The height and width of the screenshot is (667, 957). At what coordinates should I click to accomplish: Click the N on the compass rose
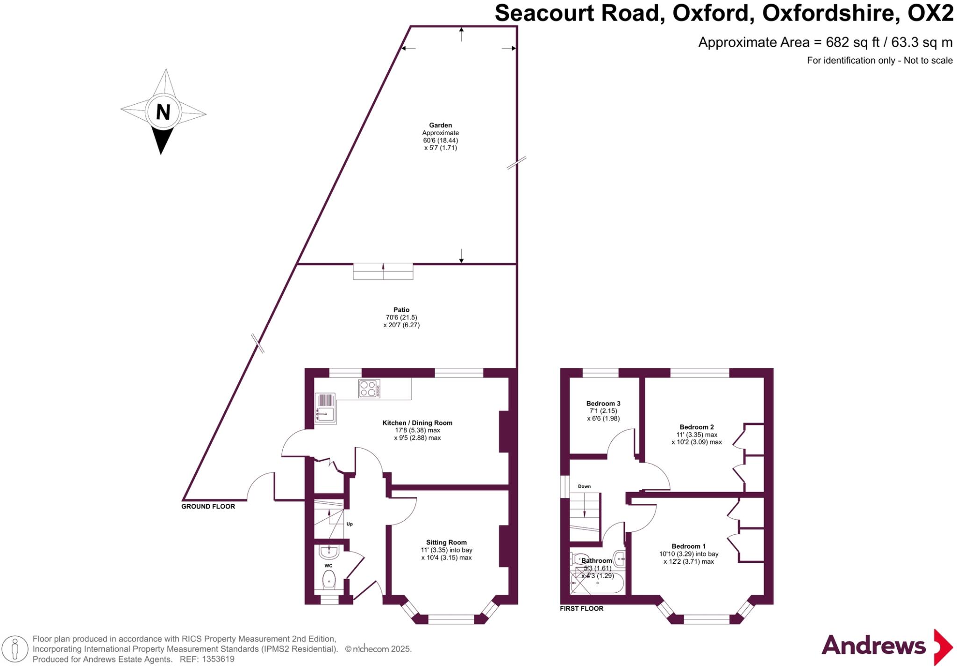163,112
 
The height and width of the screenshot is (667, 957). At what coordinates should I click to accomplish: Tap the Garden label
440,125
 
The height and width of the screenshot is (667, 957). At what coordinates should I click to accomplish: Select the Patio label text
401,310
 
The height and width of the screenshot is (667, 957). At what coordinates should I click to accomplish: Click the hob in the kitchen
369,389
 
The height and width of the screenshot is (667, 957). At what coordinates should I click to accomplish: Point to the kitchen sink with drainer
326,408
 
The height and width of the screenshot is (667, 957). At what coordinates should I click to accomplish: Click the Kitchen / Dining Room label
417,423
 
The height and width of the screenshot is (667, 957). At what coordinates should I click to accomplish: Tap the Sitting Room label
446,543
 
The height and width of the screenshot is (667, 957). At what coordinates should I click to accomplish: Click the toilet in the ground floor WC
329,580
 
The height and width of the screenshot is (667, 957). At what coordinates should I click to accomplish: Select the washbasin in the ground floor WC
329,552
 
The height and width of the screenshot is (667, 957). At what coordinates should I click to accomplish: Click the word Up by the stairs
350,524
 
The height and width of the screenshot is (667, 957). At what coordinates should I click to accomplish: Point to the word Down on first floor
584,487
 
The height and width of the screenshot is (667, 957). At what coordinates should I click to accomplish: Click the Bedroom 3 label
603,403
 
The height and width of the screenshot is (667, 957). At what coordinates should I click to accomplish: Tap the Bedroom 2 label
697,427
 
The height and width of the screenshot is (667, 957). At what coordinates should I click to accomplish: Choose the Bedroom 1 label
688,546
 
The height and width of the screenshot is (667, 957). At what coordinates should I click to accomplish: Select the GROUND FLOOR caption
208,506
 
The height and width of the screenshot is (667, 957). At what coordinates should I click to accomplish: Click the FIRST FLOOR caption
582,609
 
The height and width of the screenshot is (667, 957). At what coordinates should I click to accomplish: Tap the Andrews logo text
873,646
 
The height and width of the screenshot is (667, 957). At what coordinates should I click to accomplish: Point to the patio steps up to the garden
383,272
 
